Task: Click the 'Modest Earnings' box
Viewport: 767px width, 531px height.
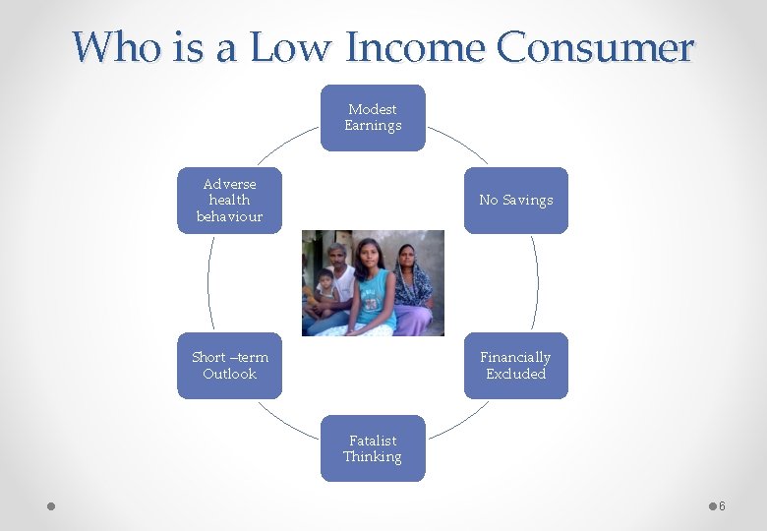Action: coord(373,118)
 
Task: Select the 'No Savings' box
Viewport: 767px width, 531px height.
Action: coord(515,201)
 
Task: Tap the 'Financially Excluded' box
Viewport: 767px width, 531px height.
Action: coord(515,366)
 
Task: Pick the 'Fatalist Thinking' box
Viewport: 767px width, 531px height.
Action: coord(373,448)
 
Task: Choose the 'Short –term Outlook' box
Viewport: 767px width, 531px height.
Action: coord(229,366)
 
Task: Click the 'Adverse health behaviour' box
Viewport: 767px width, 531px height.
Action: coord(229,201)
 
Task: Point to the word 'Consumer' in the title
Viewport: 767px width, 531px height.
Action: coord(595,46)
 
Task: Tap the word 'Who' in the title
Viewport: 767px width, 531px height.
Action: coord(109,46)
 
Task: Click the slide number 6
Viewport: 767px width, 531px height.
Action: coord(722,505)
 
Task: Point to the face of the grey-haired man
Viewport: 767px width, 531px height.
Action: coord(338,258)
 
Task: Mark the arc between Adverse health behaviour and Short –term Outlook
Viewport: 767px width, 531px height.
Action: coord(207,283)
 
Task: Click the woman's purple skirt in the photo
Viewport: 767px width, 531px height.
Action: coord(413,320)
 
